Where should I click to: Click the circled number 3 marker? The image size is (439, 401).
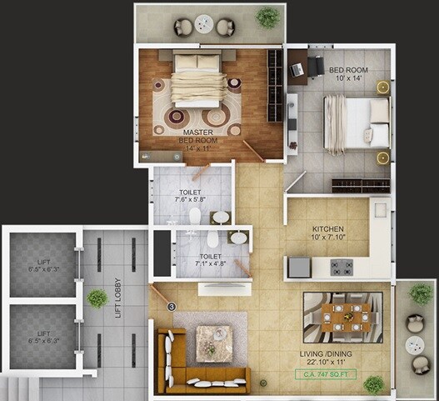172,307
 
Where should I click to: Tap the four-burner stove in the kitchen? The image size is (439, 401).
341,268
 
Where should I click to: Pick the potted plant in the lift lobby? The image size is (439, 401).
97,298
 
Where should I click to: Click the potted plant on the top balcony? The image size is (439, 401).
267,17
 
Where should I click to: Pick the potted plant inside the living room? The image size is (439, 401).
374,384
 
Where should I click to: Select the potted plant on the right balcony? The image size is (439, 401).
422,294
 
